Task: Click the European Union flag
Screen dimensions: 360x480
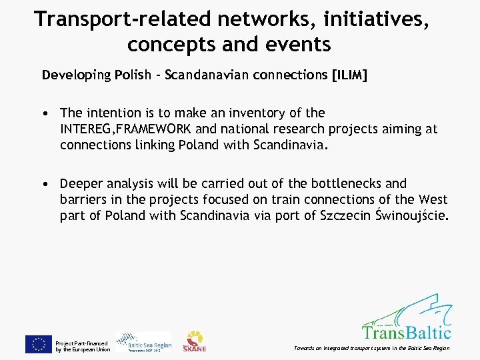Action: point(38,344)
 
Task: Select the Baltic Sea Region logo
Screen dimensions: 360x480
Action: point(143,342)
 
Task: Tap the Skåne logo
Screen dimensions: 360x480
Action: point(195,341)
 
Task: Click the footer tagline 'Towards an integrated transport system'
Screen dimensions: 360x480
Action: point(372,349)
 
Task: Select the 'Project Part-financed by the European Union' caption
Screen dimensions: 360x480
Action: point(83,346)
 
